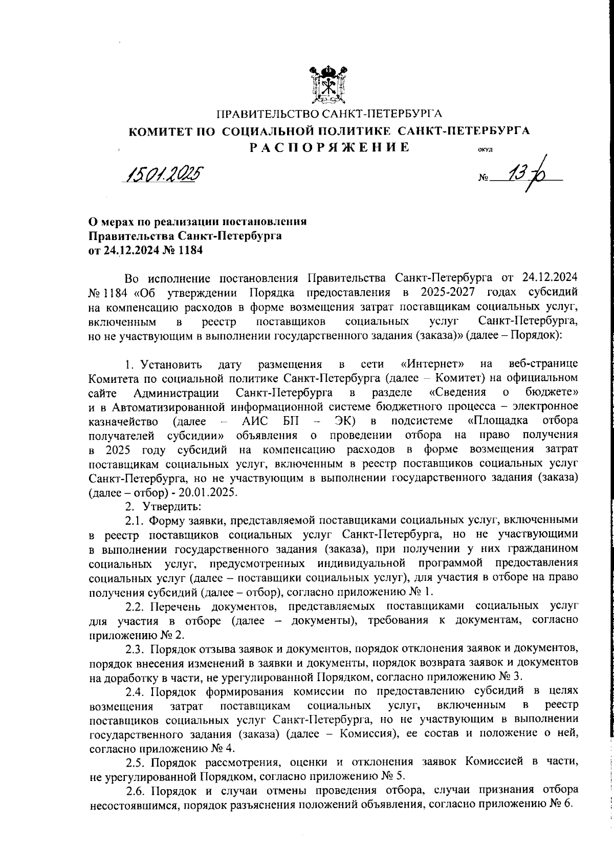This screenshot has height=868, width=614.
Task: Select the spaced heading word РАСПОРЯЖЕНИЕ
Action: pyautogui.click(x=330, y=147)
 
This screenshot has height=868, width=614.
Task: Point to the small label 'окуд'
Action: pyautogui.click(x=485, y=150)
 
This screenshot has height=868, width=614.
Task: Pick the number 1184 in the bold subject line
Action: pyautogui.click(x=190, y=251)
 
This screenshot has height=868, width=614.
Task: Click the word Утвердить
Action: pyautogui.click(x=172, y=506)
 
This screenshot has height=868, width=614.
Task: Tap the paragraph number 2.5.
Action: pyautogui.click(x=136, y=761)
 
